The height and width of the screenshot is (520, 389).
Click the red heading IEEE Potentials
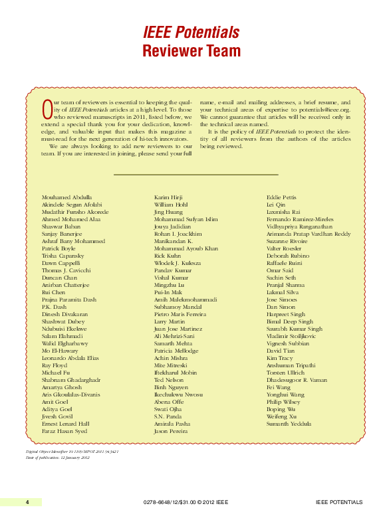click(191, 33)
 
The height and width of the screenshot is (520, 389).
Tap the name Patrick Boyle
click(61, 248)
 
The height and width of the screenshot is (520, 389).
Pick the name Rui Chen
click(54, 292)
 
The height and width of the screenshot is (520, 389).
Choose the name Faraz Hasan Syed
click(65, 431)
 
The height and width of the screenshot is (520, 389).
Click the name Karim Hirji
click(169, 198)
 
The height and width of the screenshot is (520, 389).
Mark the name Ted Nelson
click(169, 380)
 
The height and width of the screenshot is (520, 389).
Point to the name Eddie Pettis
click(282, 198)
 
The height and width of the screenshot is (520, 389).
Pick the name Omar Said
click(280, 270)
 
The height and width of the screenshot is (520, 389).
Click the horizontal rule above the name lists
click(195, 175)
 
